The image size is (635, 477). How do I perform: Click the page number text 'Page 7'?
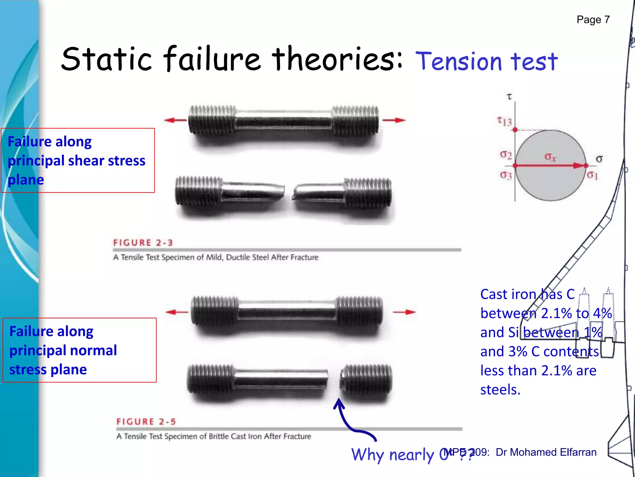click(593, 20)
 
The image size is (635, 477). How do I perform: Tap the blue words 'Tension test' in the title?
click(486, 61)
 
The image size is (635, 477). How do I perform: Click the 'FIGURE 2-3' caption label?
click(143, 243)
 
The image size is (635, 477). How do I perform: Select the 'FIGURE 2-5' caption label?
click(146, 422)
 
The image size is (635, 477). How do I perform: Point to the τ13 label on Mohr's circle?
click(504, 121)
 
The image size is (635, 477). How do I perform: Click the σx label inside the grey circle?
click(550, 157)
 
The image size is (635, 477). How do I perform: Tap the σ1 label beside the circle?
click(592, 175)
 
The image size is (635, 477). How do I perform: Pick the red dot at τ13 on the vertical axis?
click(515, 130)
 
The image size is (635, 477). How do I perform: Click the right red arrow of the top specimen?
click(394, 120)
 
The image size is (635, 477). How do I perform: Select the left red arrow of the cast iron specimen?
click(177, 312)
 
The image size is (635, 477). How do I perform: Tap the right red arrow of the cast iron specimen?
click(404, 312)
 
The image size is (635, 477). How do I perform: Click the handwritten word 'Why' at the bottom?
click(368, 455)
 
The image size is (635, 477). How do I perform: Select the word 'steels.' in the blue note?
click(500, 390)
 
